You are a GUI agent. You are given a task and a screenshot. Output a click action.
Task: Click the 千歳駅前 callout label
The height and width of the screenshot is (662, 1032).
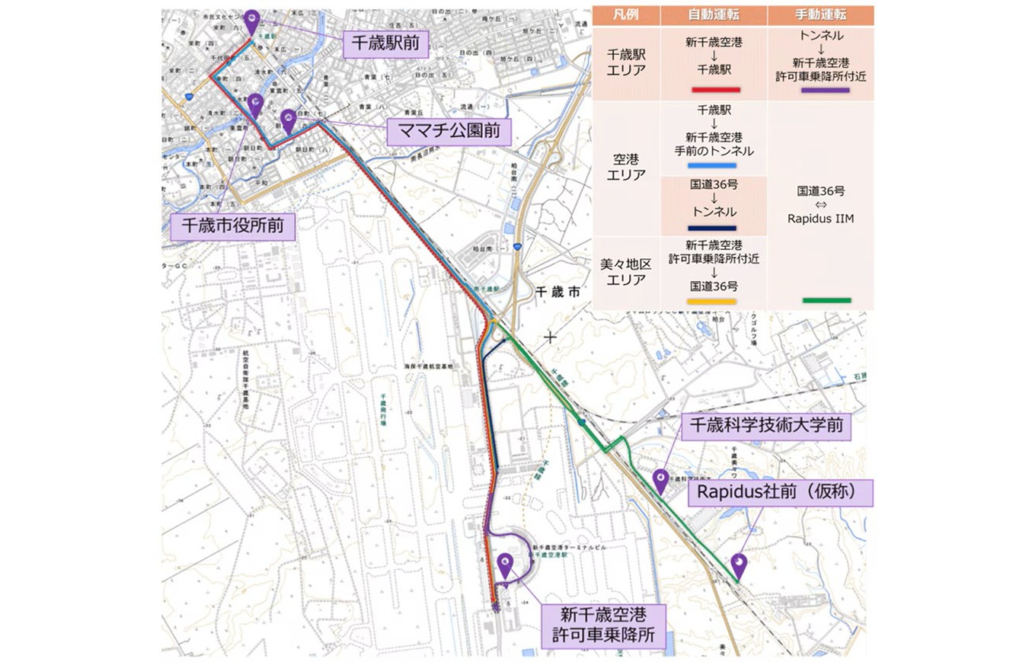point(385,44)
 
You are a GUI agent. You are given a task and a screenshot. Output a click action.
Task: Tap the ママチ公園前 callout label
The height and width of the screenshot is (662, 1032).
point(448,132)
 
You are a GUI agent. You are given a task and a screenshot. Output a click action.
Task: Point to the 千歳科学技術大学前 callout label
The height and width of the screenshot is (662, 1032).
point(765,427)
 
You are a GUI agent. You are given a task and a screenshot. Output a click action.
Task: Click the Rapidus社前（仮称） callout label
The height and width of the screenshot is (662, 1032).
point(781,493)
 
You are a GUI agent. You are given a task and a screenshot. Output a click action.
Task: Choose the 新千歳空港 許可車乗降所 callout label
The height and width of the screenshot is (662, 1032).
point(602,626)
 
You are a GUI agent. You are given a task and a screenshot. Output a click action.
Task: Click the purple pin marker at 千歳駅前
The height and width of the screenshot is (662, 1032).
point(253,21)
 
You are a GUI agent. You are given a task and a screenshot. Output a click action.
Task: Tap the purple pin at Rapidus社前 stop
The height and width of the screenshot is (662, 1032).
point(739,564)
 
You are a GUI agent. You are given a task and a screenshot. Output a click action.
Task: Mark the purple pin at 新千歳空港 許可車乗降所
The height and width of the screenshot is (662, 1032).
point(505,564)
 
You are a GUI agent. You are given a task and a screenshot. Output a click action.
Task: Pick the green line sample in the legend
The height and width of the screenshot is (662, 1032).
point(826,300)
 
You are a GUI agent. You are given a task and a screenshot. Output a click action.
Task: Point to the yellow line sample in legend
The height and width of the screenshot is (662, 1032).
point(711,302)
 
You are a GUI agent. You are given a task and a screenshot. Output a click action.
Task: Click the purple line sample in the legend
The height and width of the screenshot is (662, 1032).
point(825,90)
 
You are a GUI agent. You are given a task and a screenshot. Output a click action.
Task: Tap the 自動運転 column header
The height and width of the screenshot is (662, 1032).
point(714,15)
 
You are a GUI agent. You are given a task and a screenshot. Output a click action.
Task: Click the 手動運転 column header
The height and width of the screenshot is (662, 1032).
point(820,15)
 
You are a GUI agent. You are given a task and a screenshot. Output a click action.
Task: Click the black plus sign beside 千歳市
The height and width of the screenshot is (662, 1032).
point(550,336)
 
